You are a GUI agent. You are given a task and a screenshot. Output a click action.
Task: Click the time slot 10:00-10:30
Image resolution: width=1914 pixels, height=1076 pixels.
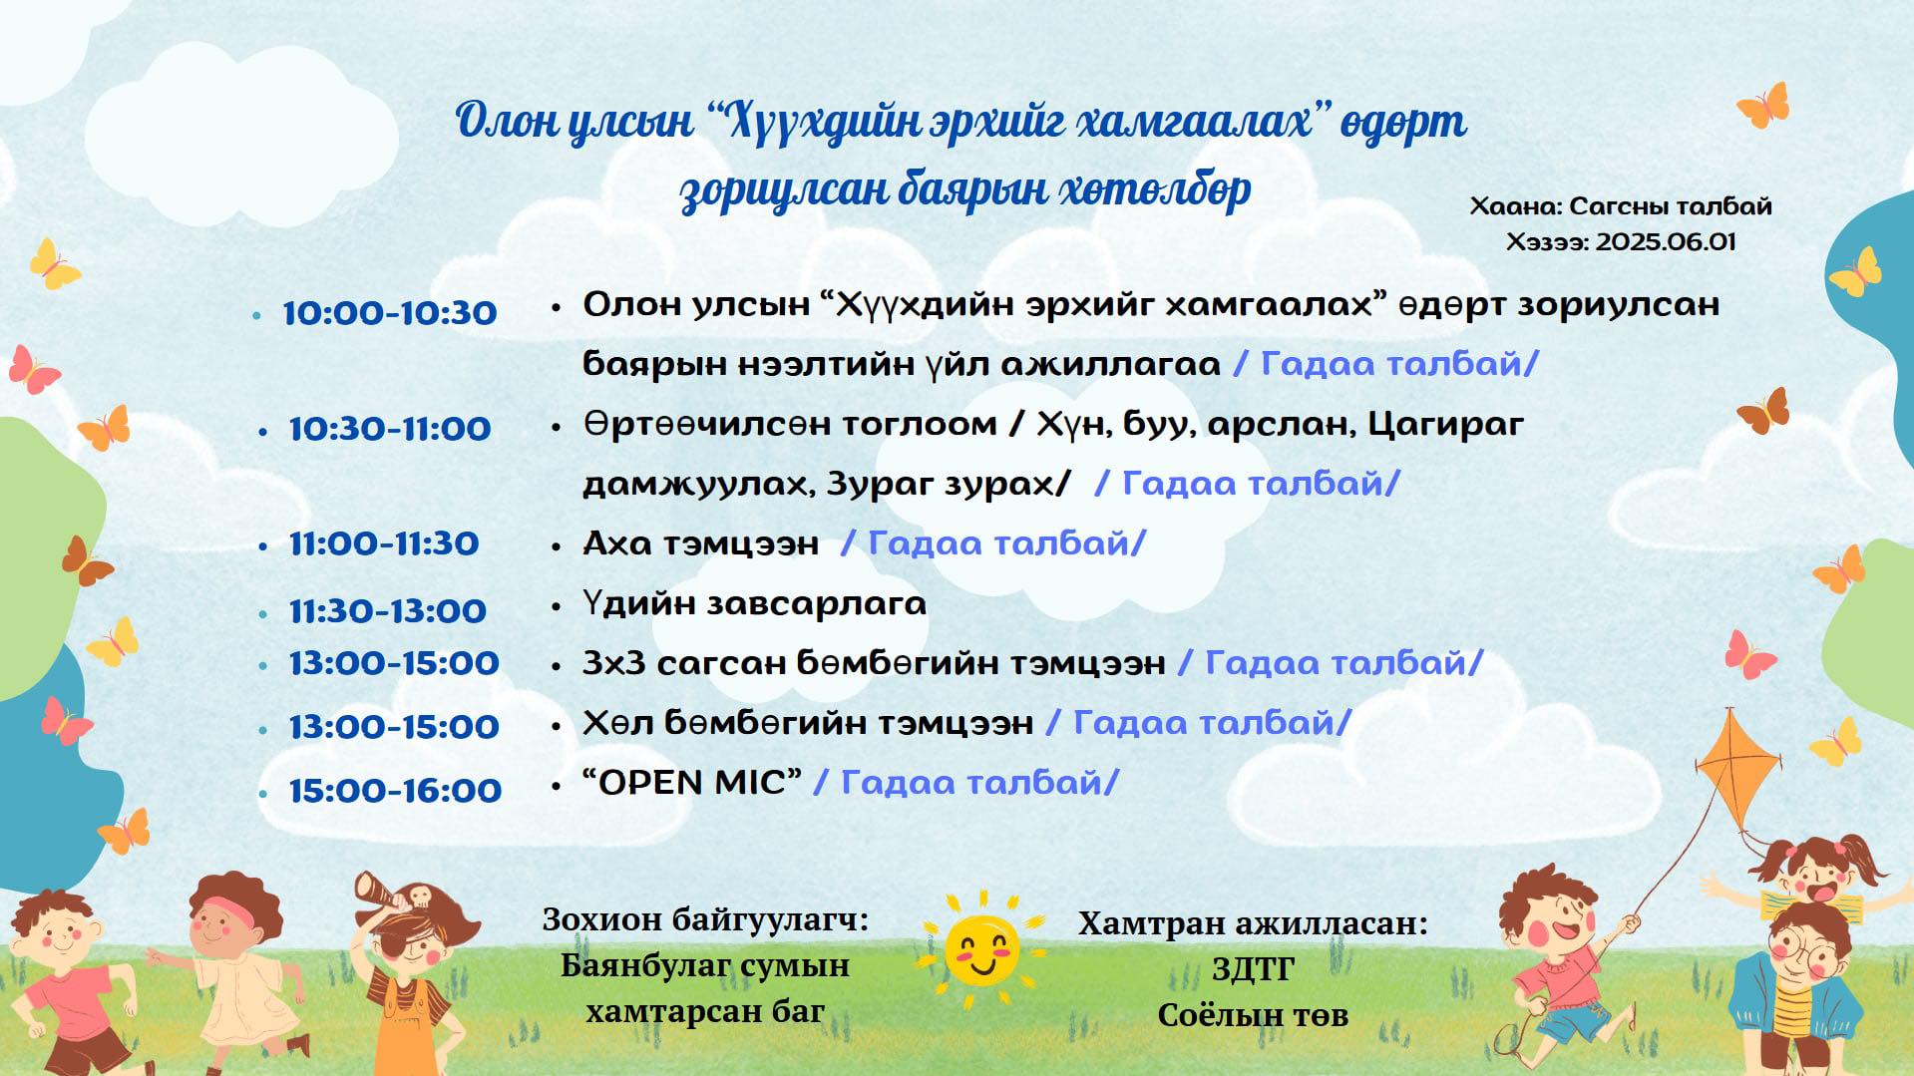pyautogui.click(x=390, y=313)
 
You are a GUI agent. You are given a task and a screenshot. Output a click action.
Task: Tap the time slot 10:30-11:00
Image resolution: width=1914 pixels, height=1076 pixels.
pyautogui.click(x=390, y=429)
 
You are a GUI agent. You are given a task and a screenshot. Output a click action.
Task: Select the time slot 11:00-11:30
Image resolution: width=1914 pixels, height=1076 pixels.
pyautogui.click(x=384, y=543)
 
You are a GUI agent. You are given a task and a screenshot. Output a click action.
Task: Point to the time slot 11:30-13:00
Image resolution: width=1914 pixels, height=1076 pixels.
pyautogui.click(x=388, y=610)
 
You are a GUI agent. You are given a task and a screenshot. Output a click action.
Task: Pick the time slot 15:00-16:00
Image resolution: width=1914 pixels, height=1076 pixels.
pyautogui.click(x=395, y=791)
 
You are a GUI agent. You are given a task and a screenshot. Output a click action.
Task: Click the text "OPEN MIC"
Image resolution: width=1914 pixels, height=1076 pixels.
pyautogui.click(x=692, y=782)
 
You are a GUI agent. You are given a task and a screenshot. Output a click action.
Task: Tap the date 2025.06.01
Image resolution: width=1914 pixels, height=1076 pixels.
pyautogui.click(x=1666, y=242)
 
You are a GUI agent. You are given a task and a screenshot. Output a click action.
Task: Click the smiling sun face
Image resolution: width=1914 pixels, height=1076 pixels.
pyautogui.click(x=982, y=948)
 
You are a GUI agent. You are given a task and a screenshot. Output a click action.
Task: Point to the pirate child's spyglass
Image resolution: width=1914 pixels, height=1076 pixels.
pyautogui.click(x=380, y=889)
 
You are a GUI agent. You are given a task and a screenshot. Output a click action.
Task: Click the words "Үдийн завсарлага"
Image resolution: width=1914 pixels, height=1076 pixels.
pyautogui.click(x=754, y=604)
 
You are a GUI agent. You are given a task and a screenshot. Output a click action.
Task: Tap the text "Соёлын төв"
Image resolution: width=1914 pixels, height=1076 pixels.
pyautogui.click(x=1253, y=1015)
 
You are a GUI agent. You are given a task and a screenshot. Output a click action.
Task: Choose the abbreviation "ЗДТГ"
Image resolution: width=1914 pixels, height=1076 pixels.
pyautogui.click(x=1254, y=968)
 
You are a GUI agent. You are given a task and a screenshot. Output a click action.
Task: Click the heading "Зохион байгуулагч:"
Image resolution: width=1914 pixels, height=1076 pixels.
pyautogui.click(x=705, y=918)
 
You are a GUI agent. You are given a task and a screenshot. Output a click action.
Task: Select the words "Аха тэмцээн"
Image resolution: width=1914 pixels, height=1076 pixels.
pyautogui.click(x=700, y=543)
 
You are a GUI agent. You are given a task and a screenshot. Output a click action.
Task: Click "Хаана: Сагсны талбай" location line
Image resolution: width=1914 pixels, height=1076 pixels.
pyautogui.click(x=1621, y=206)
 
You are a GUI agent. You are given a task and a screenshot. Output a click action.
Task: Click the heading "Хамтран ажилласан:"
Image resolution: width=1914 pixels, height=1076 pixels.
pyautogui.click(x=1253, y=923)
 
